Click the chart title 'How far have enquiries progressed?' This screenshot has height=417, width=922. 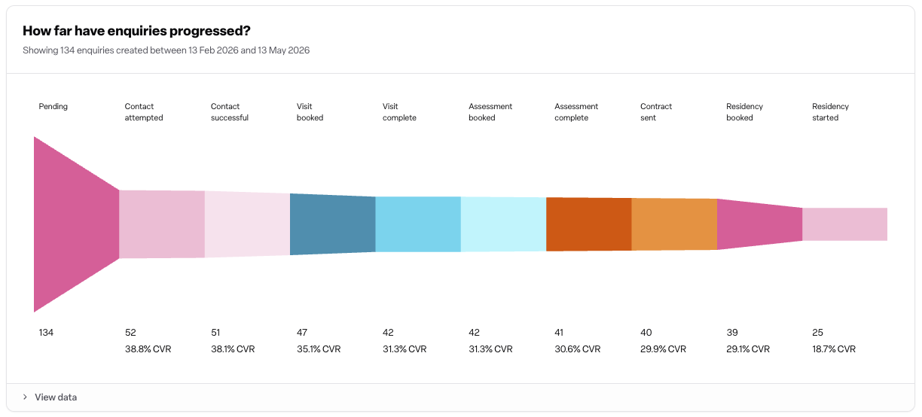(x=136, y=31)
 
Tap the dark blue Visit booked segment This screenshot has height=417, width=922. (x=333, y=224)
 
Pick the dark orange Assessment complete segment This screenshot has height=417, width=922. (x=589, y=224)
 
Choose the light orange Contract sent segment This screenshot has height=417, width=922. (x=674, y=224)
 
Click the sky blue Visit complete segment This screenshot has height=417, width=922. (x=418, y=224)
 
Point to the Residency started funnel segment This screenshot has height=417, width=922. (x=845, y=224)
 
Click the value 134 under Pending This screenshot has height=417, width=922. (x=46, y=332)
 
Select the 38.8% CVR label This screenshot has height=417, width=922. (x=148, y=349)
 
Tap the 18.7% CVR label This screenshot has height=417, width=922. (x=834, y=349)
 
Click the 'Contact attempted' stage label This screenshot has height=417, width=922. (x=144, y=112)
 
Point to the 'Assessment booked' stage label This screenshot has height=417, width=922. (x=490, y=112)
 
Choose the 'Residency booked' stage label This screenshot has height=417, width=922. (x=744, y=112)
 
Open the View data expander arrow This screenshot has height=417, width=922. (x=25, y=397)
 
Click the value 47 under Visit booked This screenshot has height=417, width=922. (x=302, y=332)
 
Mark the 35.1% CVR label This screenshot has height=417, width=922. (x=319, y=349)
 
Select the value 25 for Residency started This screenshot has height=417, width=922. (x=817, y=332)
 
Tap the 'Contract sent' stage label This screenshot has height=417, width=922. (x=655, y=112)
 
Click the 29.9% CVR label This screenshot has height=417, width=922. (x=663, y=349)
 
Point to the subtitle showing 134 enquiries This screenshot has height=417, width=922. (x=166, y=50)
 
